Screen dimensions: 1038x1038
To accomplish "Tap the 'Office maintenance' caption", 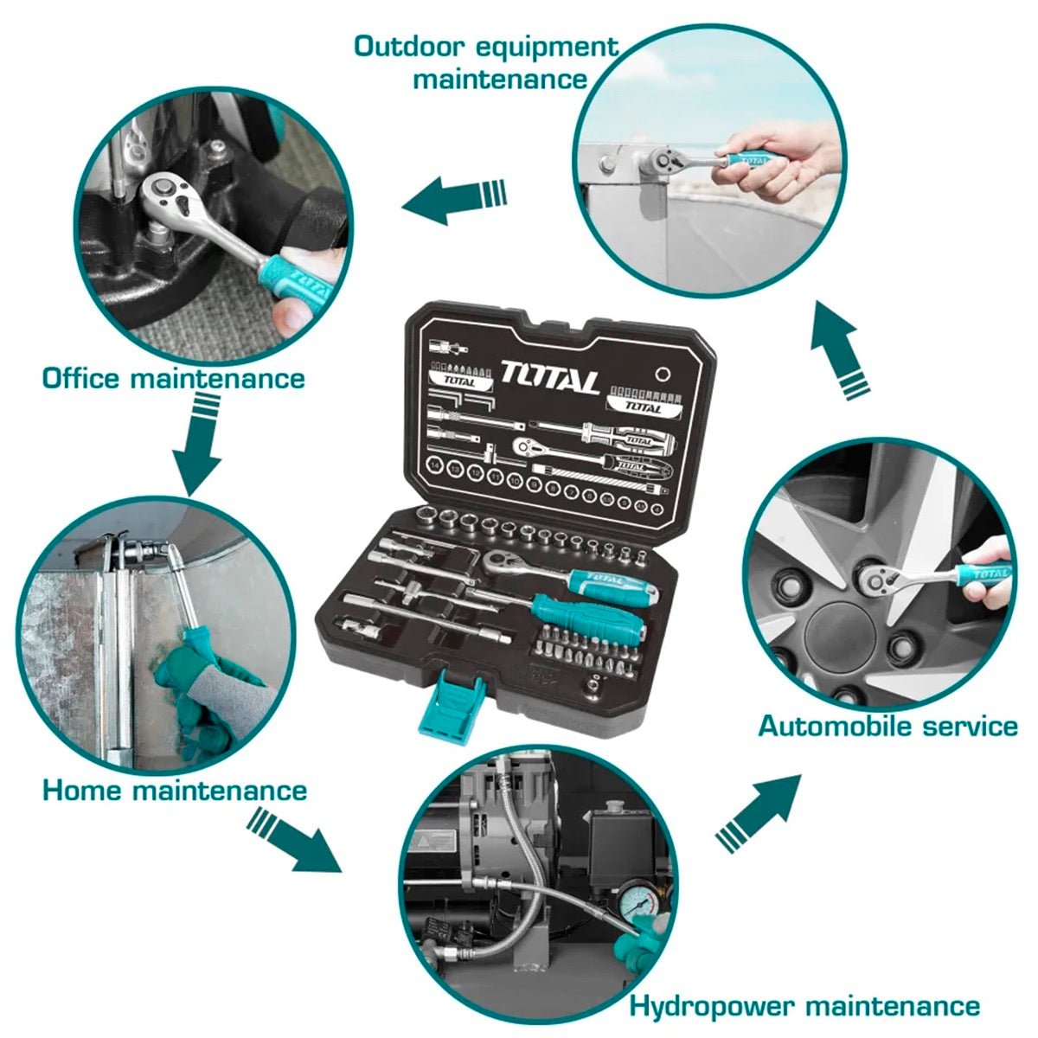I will coord(173,378).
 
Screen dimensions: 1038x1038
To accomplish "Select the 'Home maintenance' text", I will coord(175,790).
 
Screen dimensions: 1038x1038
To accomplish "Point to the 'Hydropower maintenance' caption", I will coord(804,1006).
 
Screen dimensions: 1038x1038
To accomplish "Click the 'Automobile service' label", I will coord(887,725).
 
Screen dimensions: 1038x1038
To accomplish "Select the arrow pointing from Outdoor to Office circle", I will coord(454,197).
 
